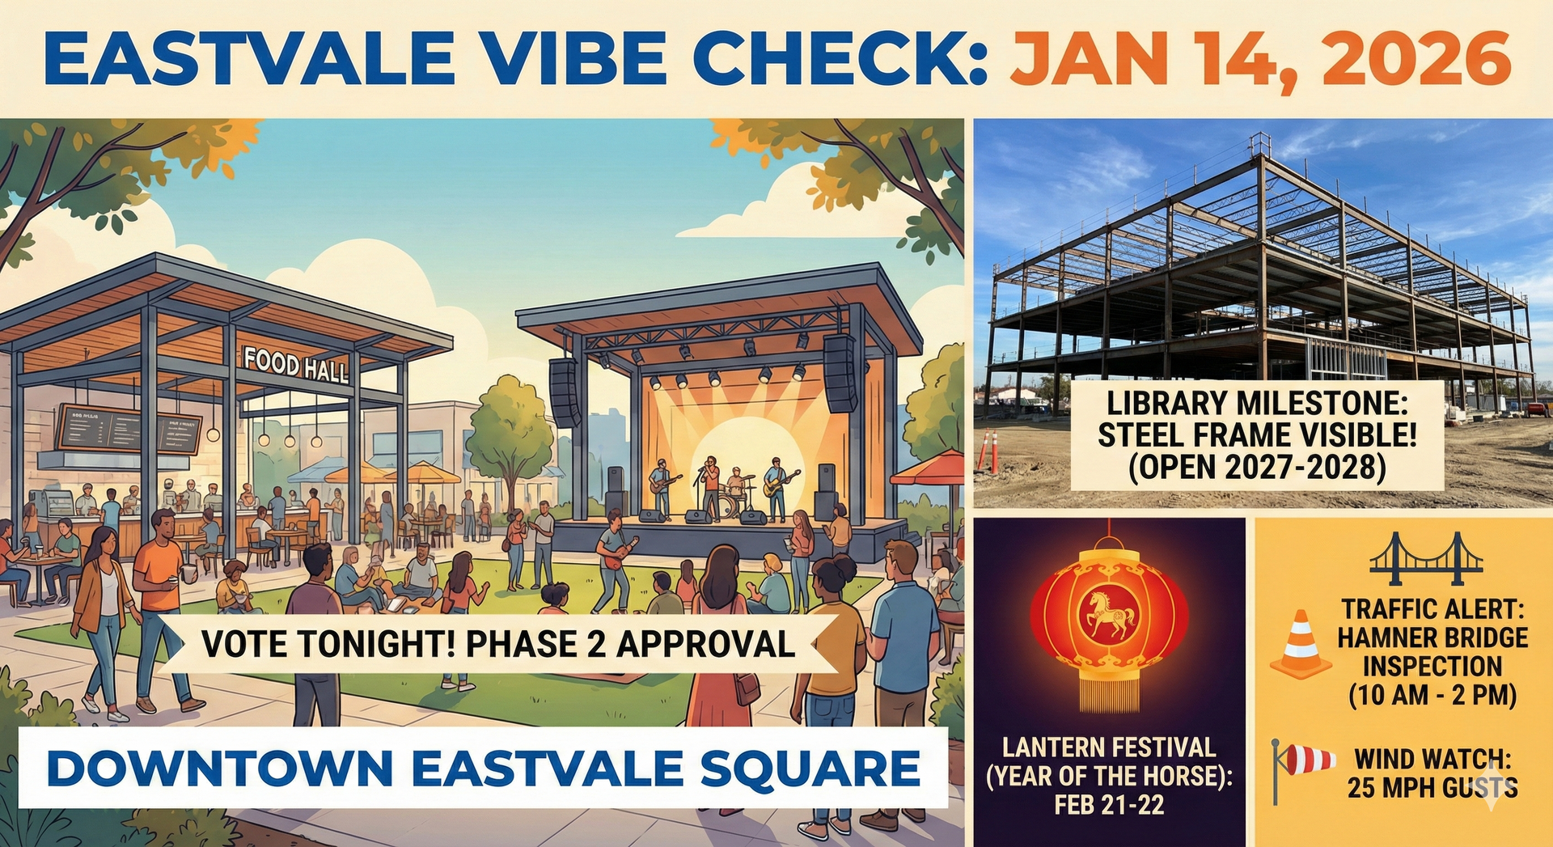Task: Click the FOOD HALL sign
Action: tap(296, 366)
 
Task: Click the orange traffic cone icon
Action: tap(1300, 645)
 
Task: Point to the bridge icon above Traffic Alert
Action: tap(1426, 558)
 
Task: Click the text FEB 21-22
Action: tap(1109, 805)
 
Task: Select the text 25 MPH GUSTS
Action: tap(1432, 788)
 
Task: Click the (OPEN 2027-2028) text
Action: tap(1257, 467)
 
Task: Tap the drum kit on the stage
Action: tap(734, 500)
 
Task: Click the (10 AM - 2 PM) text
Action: tap(1432, 696)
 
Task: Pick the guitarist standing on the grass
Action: tap(614, 558)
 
